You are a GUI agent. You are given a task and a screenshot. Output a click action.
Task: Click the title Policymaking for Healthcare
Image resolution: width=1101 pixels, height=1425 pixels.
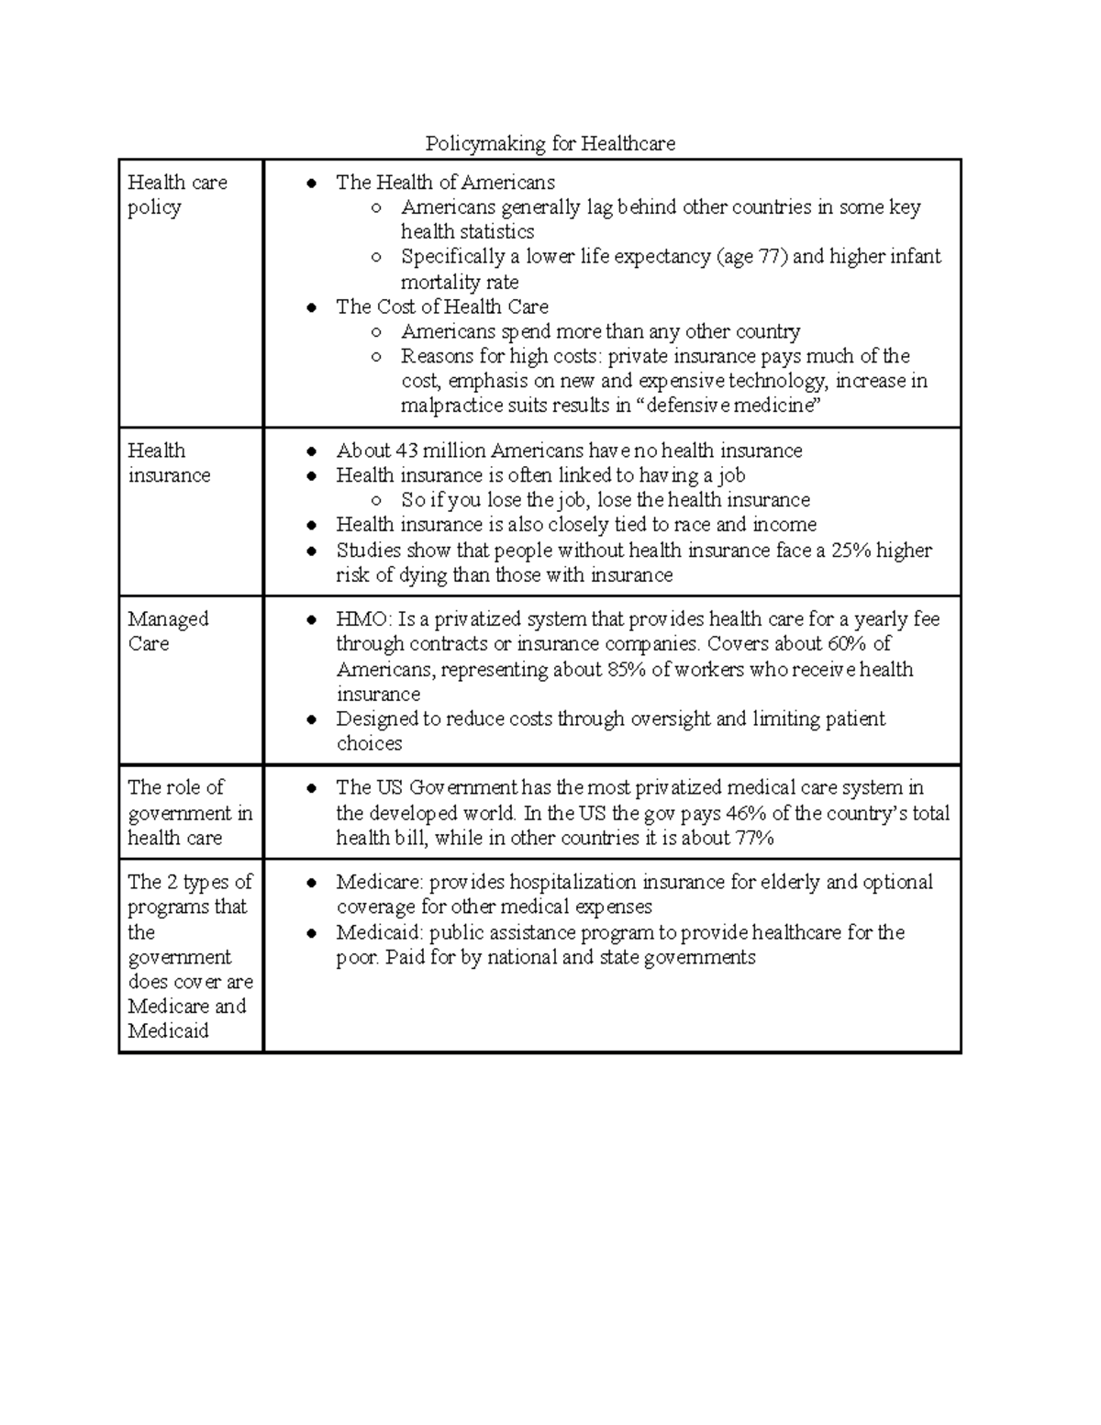550,143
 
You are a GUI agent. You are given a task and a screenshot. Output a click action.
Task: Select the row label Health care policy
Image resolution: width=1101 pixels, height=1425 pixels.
177,195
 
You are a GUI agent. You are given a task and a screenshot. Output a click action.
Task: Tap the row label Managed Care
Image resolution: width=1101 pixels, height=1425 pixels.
168,631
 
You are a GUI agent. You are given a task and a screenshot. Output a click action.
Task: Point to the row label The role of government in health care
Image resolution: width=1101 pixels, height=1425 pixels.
189,812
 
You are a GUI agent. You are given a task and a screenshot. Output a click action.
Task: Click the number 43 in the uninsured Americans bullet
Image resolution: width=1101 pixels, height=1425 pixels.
406,451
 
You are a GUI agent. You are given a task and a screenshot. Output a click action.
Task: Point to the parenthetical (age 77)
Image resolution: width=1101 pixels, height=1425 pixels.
751,257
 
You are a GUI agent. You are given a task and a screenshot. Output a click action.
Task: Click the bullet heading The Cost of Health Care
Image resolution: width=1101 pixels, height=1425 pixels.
442,306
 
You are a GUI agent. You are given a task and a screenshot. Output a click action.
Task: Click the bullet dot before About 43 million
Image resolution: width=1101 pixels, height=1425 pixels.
313,451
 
